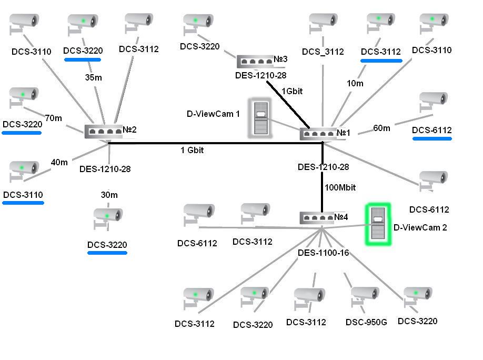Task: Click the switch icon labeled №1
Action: point(317,134)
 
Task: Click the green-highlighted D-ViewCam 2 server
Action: point(378,224)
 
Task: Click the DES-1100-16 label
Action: point(323,253)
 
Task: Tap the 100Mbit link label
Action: point(340,187)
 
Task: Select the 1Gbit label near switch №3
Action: point(292,91)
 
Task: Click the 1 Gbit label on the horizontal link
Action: point(192,151)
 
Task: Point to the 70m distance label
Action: point(53,118)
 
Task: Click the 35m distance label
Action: point(93,77)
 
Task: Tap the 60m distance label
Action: point(381,128)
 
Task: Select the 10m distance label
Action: point(355,83)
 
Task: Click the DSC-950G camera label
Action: point(366,322)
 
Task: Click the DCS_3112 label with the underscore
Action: point(323,52)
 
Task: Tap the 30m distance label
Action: point(109,195)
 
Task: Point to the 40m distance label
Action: point(59,162)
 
